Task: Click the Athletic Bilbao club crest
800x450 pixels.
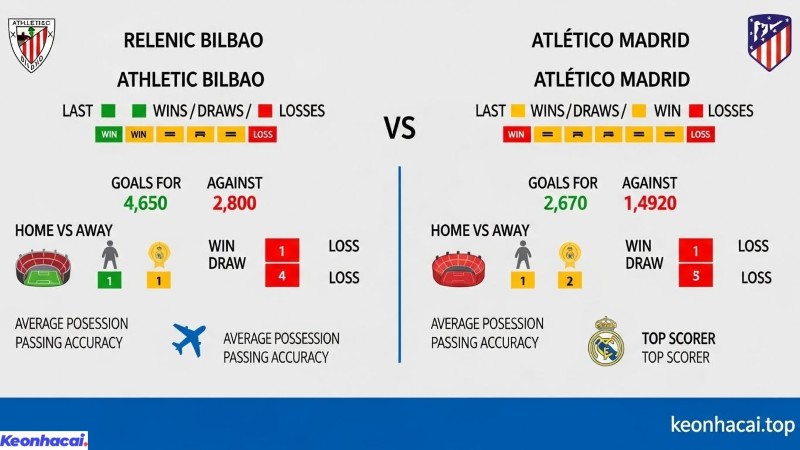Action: [32, 44]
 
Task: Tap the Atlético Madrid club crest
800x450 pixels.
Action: [768, 42]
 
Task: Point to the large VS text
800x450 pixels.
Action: [400, 128]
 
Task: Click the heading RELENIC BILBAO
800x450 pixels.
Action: [193, 41]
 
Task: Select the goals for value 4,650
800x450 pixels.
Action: [145, 204]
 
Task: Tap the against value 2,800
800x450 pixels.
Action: [234, 204]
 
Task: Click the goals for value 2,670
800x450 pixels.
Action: [562, 204]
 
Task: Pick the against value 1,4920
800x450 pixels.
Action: [651, 204]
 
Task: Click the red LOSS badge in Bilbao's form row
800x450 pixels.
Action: [262, 134]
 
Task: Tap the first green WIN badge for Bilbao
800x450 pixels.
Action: [108, 134]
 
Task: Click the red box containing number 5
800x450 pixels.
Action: [695, 277]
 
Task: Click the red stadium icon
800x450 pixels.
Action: [458, 268]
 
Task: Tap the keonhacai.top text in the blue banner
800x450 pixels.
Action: [733, 424]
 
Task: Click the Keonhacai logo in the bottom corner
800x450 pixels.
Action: [44, 440]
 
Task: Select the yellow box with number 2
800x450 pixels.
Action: [570, 281]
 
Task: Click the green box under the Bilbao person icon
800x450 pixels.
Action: [110, 281]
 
